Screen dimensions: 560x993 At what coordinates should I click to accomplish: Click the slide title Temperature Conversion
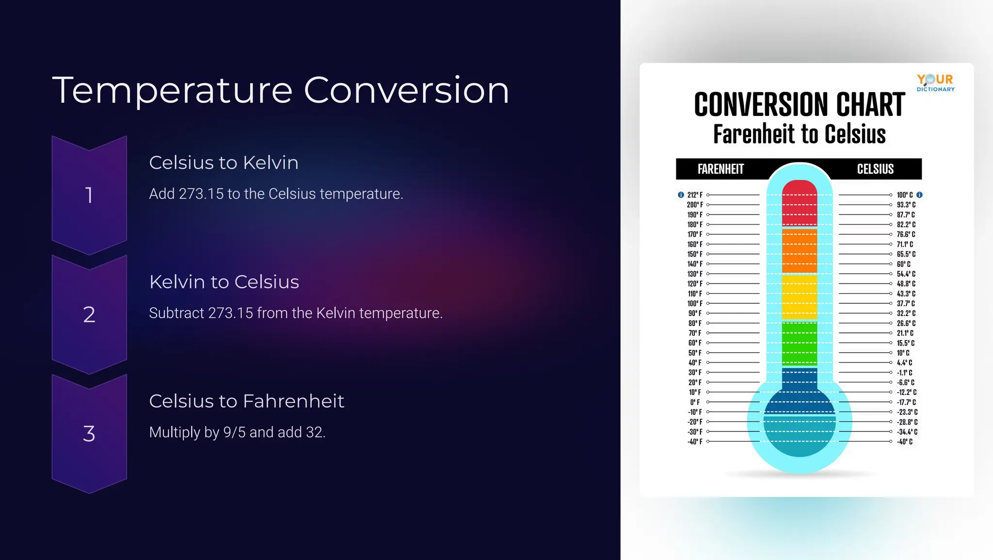tap(280, 91)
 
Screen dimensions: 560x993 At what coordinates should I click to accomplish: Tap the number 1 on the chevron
tap(89, 195)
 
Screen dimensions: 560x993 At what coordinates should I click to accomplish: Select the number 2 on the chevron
tap(89, 314)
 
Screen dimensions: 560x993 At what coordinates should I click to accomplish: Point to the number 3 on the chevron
tap(89, 433)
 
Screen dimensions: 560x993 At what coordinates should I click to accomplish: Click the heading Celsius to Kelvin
tap(224, 163)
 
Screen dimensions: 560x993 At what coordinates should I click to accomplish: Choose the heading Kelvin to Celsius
tap(224, 282)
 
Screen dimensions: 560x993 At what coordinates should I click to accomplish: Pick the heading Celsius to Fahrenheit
tap(246, 401)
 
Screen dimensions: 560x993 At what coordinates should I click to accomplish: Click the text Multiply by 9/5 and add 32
tap(237, 432)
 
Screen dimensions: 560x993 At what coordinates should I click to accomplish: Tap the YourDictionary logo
tap(935, 82)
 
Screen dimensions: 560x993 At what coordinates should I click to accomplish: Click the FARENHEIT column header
tap(721, 169)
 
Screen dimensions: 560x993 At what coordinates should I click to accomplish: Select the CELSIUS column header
tap(875, 169)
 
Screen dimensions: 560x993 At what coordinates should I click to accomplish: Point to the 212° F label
tap(695, 195)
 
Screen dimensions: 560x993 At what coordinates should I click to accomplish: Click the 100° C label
tap(904, 195)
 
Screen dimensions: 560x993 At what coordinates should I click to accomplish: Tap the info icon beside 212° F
tap(681, 195)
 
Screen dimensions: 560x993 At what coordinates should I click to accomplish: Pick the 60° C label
tap(903, 264)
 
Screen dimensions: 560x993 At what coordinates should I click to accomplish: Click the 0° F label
tap(695, 402)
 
